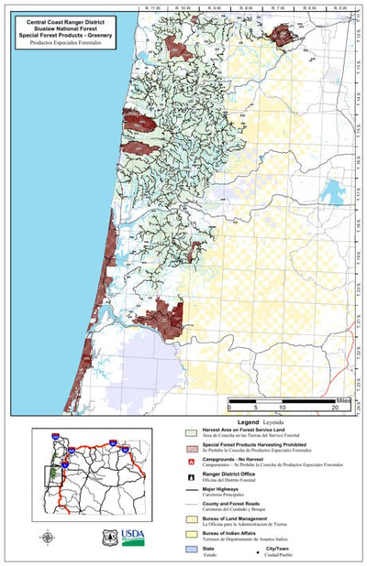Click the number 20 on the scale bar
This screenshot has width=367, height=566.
pos(335,408)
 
